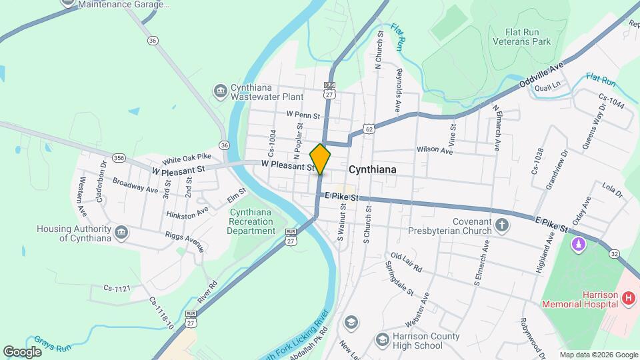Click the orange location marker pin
coord(320,159)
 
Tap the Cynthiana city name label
coord(372,169)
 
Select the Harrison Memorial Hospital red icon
coord(627,299)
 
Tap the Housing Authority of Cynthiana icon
coord(121,233)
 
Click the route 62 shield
coord(369,128)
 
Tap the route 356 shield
coord(119,158)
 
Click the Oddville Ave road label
coord(541,75)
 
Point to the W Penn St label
coord(299,114)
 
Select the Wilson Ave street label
coord(435,151)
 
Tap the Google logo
coord(22,351)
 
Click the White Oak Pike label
coord(187,159)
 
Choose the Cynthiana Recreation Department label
coord(251,222)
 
